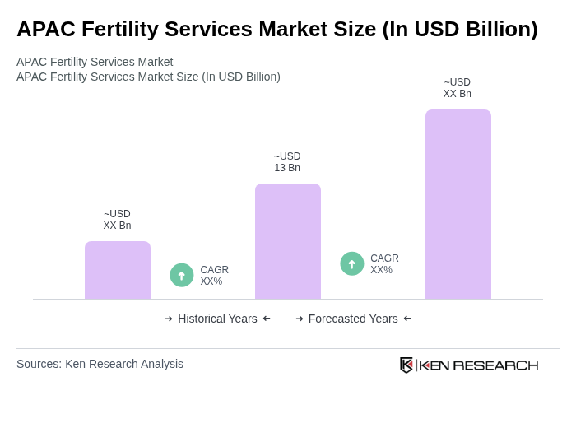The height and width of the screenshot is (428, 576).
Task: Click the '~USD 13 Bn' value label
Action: pyautogui.click(x=287, y=162)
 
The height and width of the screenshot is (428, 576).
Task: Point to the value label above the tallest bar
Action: pyautogui.click(x=458, y=88)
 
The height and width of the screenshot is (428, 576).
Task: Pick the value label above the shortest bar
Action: pyautogui.click(x=117, y=220)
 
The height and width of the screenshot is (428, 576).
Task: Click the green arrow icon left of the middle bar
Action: pyautogui.click(x=182, y=275)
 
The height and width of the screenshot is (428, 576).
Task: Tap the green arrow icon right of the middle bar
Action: pyautogui.click(x=352, y=263)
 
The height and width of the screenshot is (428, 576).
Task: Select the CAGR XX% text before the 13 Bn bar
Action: pyautogui.click(x=214, y=276)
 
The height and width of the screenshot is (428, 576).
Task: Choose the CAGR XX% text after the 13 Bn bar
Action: pyautogui.click(x=384, y=264)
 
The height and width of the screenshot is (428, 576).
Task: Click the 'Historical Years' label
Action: pyautogui.click(x=217, y=319)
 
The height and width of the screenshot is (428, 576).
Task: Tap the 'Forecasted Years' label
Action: pyautogui.click(x=353, y=319)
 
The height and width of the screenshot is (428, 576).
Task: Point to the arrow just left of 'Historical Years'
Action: pyautogui.click(x=169, y=319)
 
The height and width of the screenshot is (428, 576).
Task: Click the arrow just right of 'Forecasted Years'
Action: pyautogui.click(x=407, y=319)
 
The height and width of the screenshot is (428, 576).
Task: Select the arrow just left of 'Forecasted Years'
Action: pyautogui.click(x=300, y=319)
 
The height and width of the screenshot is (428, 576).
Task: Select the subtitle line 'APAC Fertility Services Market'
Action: pyautogui.click(x=95, y=62)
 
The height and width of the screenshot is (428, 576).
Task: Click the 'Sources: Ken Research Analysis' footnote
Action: pyautogui.click(x=100, y=364)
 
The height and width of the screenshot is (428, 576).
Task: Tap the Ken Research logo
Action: pyautogui.click(x=469, y=365)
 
